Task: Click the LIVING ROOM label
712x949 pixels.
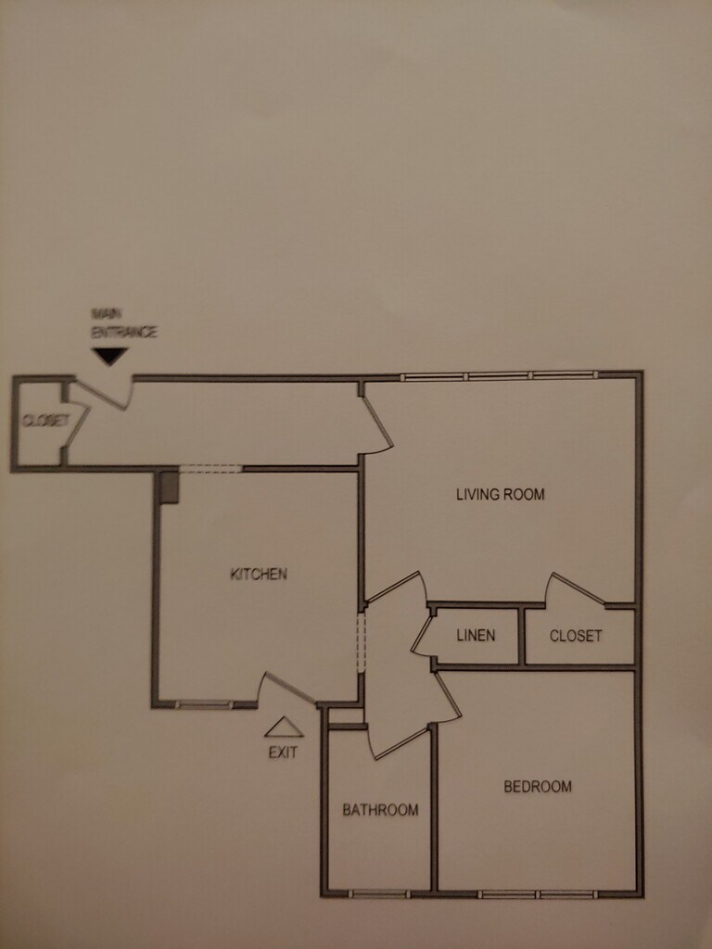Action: (x=500, y=494)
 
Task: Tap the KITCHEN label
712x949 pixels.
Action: (x=259, y=574)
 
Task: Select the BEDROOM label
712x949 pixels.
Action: (x=538, y=787)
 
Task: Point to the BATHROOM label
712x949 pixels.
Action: (x=380, y=810)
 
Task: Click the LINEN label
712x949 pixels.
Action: (x=476, y=636)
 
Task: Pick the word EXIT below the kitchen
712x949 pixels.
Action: (x=283, y=753)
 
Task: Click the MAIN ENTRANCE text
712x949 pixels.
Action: (x=123, y=323)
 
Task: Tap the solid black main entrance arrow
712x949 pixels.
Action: (x=110, y=356)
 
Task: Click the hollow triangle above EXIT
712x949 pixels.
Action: (x=283, y=728)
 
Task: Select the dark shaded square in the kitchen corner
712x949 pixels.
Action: (x=169, y=487)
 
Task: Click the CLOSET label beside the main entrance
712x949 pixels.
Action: (x=45, y=421)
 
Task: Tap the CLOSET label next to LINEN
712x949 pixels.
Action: (x=576, y=636)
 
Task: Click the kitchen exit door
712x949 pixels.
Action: (x=286, y=687)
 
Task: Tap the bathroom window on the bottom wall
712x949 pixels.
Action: (x=379, y=893)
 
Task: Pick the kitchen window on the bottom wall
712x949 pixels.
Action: (x=204, y=705)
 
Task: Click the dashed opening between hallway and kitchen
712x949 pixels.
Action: (x=210, y=469)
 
